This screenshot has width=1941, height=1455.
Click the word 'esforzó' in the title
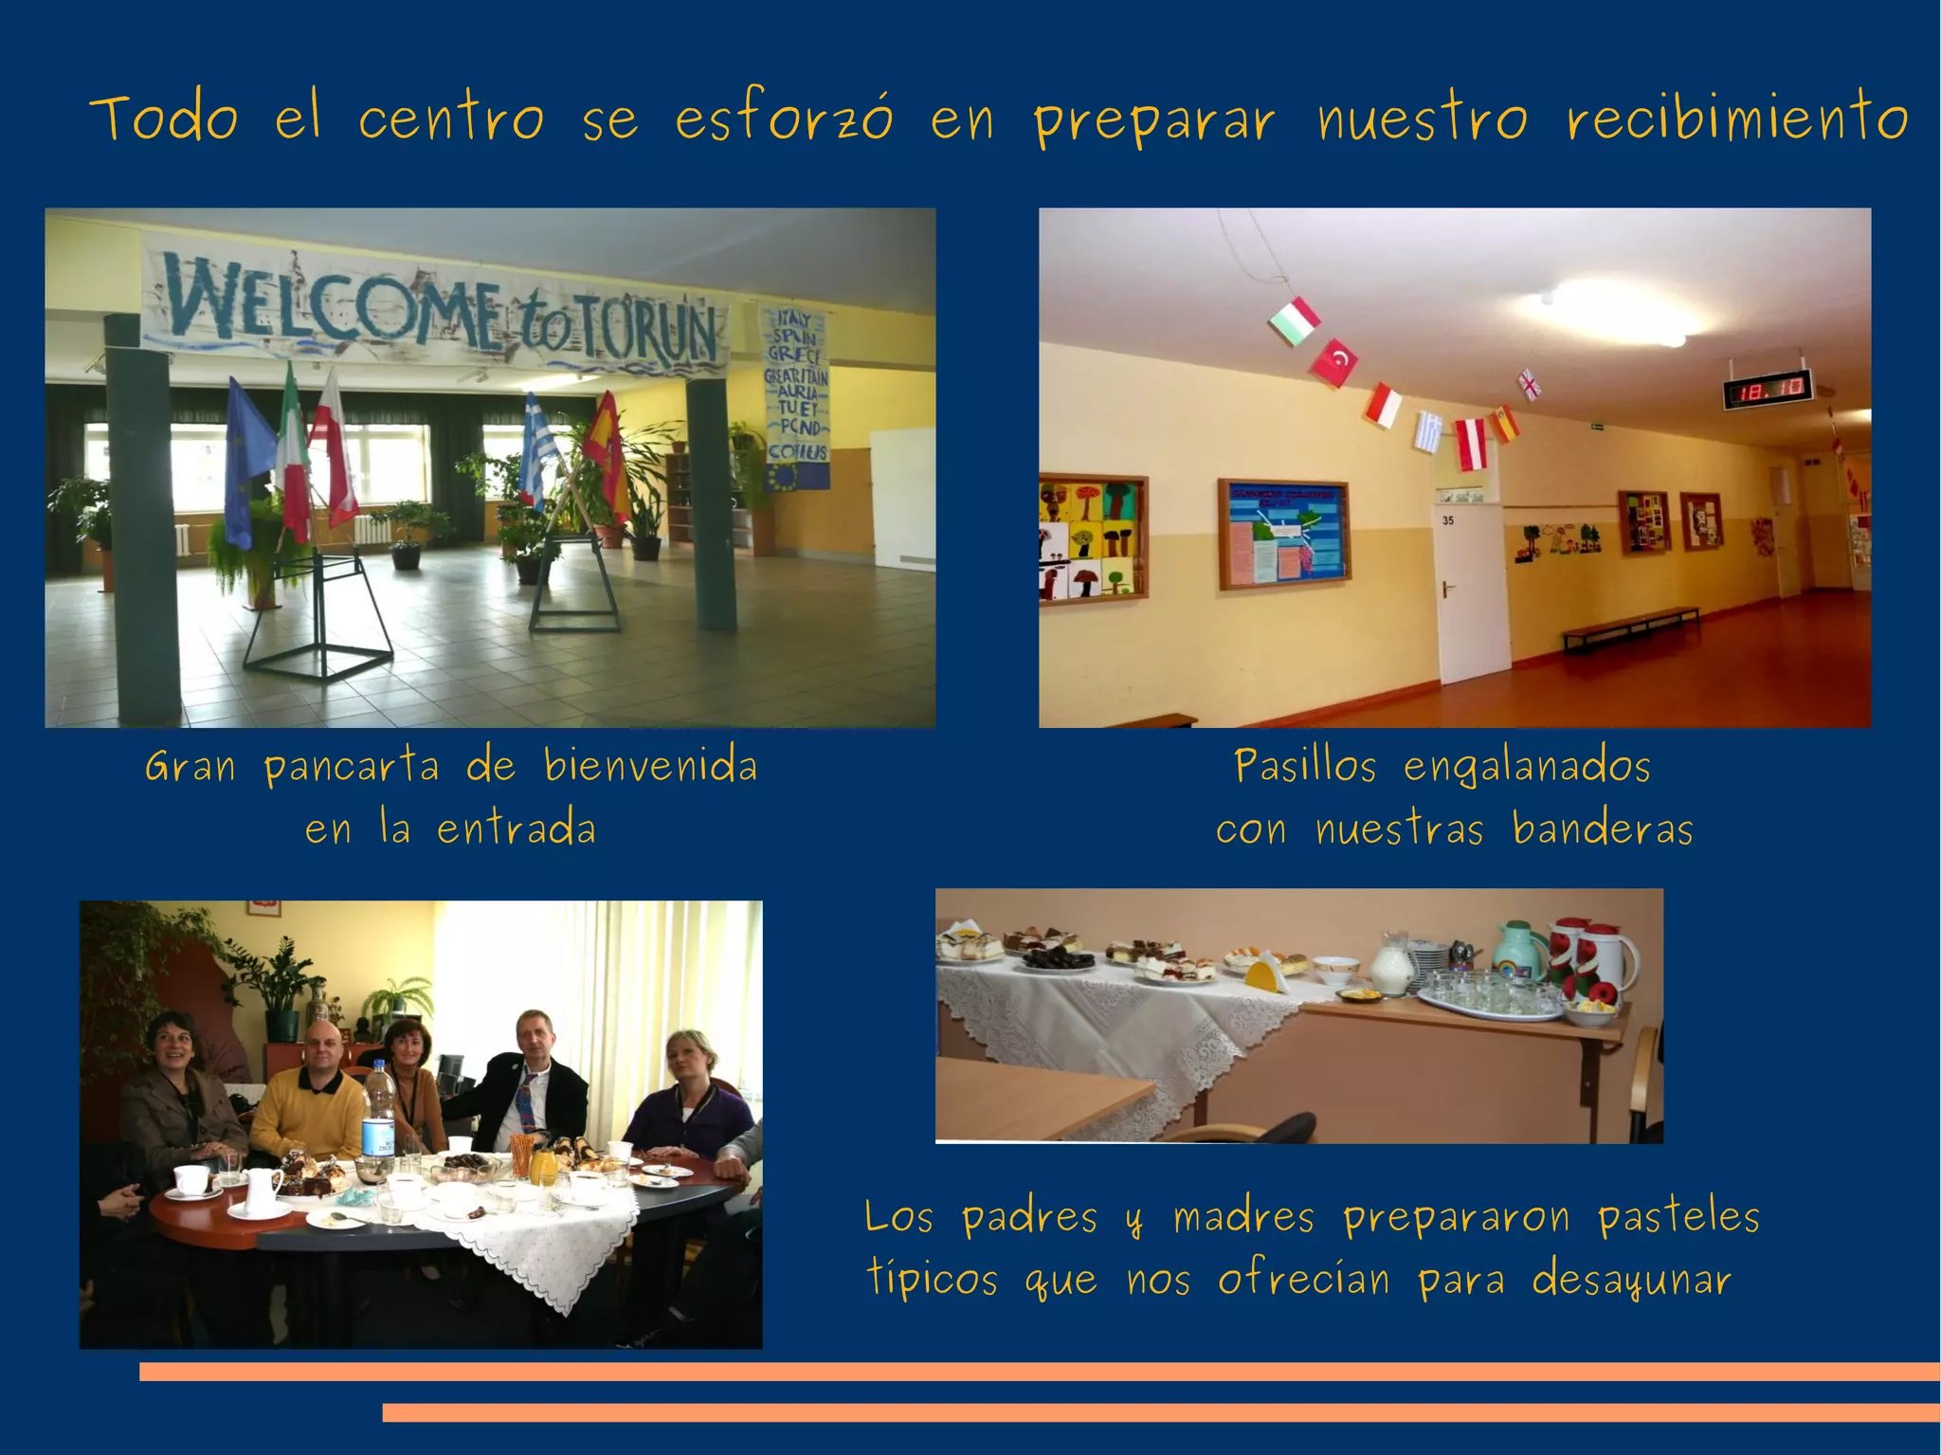(784, 120)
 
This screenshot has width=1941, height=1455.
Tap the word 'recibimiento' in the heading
(1736, 120)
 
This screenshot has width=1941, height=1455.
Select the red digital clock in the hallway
(1767, 389)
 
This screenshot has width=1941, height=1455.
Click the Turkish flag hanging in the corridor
(1335, 363)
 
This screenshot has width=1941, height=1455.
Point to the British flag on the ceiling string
(1530, 384)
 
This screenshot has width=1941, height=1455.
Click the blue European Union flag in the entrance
(241, 464)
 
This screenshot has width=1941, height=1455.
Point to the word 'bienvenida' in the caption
(650, 766)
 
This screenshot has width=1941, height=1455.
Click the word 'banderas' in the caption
(1602, 828)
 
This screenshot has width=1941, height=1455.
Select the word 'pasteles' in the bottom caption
(1678, 1217)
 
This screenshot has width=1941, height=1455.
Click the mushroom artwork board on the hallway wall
(1093, 537)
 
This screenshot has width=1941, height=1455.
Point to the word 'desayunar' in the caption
(1631, 1281)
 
